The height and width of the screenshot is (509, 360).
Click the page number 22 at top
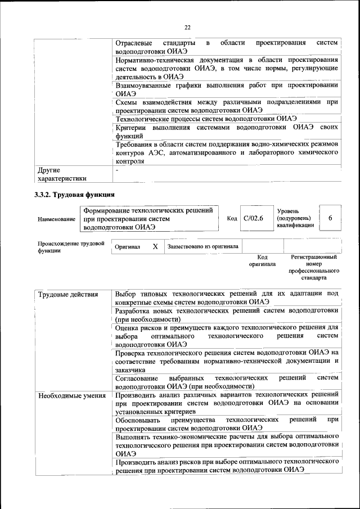pyautogui.click(x=187, y=26)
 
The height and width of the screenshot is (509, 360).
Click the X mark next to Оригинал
pyautogui.click(x=155, y=246)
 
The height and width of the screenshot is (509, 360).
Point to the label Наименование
pyautogui.click(x=56, y=219)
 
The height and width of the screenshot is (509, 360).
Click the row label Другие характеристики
pyautogui.click(x=62, y=174)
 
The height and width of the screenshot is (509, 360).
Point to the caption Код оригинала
pyautogui.click(x=262, y=260)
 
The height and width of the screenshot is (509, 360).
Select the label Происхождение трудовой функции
pyautogui.click(x=71, y=247)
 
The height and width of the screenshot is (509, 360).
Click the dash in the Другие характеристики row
pyautogui.click(x=117, y=169)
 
